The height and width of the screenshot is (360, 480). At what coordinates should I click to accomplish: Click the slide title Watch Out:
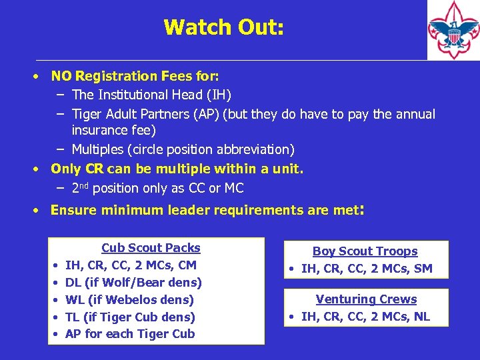[223, 27]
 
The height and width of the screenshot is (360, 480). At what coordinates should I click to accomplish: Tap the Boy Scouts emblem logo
[453, 30]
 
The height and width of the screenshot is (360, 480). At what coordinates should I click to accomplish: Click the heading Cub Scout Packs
[151, 248]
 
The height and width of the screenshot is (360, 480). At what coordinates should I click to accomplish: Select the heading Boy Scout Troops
[365, 251]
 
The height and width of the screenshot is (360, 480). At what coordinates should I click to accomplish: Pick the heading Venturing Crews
[366, 299]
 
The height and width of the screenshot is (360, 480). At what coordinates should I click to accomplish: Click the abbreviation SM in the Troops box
[423, 269]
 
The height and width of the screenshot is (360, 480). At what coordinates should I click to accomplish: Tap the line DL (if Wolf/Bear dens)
[133, 283]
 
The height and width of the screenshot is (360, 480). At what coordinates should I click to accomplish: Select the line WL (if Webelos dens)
[129, 300]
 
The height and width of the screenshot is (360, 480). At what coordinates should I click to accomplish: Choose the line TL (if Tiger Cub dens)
[130, 317]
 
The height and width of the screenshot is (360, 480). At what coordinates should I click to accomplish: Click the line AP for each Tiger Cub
[130, 334]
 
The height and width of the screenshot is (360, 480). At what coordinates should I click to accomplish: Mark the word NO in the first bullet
[61, 76]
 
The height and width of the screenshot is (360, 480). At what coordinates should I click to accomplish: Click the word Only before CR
[65, 169]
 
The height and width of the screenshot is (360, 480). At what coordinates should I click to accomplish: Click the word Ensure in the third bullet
[71, 211]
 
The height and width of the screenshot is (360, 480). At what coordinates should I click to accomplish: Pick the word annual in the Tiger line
[417, 114]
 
